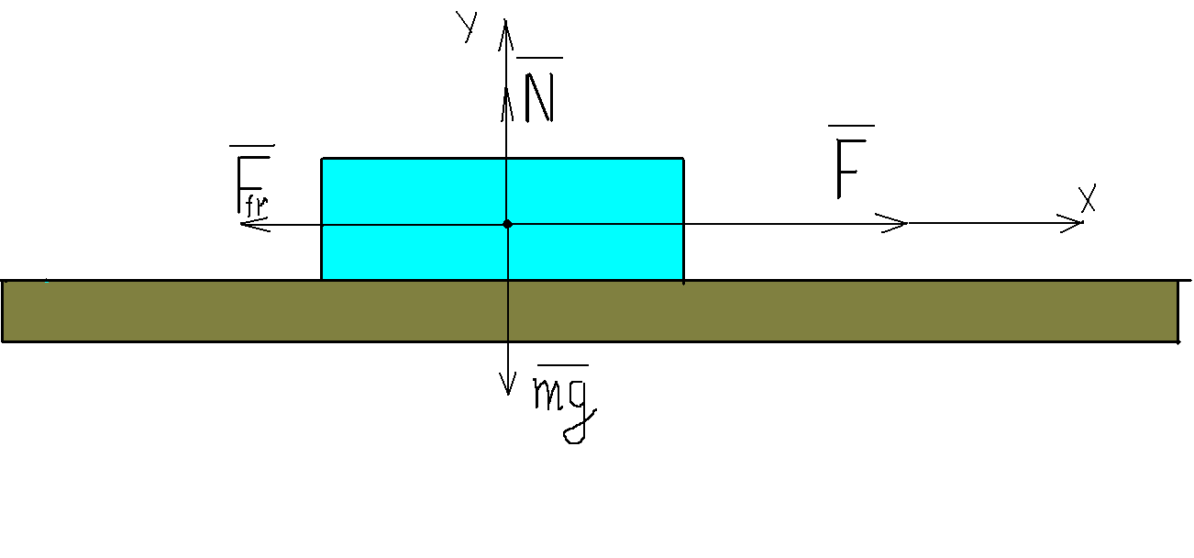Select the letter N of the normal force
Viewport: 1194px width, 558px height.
[539, 96]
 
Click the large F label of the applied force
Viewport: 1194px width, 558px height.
[852, 172]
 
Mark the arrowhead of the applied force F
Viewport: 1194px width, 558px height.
[901, 223]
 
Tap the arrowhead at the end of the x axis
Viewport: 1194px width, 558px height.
[1078, 223]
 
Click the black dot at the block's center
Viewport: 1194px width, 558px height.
[507, 224]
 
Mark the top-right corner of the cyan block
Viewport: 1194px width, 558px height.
[683, 159]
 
